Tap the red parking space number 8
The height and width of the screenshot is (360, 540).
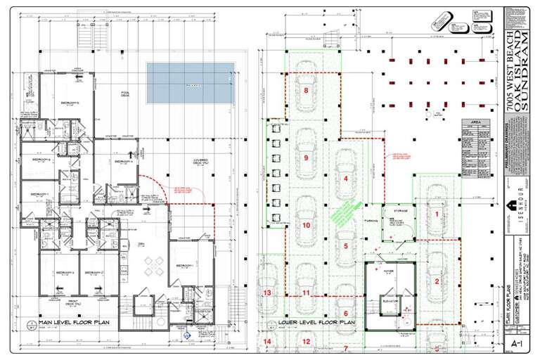[x=306, y=91]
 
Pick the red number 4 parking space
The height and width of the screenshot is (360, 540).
[x=346, y=179]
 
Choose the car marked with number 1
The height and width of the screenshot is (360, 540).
[x=436, y=213]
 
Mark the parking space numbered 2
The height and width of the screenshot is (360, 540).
[x=436, y=281]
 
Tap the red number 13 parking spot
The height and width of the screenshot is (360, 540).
[x=266, y=292]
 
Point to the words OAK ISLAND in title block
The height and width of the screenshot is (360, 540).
[x=518, y=70]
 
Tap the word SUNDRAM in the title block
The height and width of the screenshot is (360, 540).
[x=529, y=70]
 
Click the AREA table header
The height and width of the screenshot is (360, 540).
[x=475, y=122]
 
